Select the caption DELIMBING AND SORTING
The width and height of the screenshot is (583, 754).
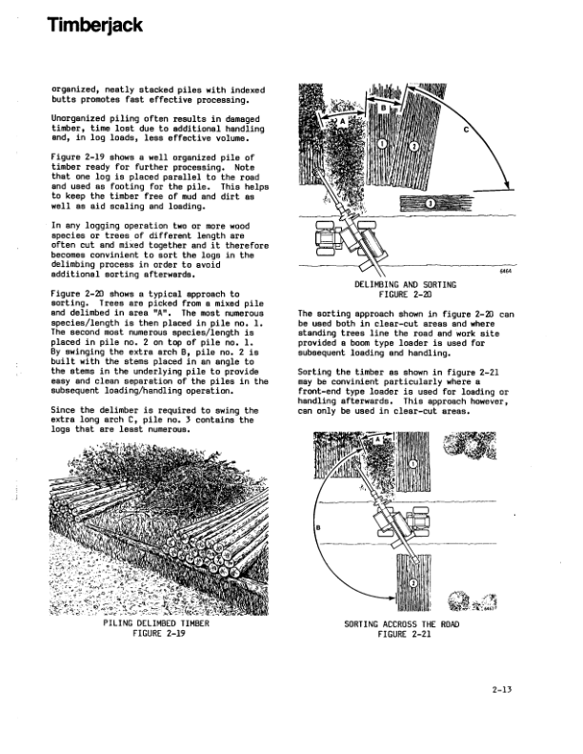(x=405, y=284)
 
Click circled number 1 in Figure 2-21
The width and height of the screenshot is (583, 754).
(x=412, y=462)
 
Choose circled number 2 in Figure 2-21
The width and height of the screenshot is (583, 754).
(x=413, y=583)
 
